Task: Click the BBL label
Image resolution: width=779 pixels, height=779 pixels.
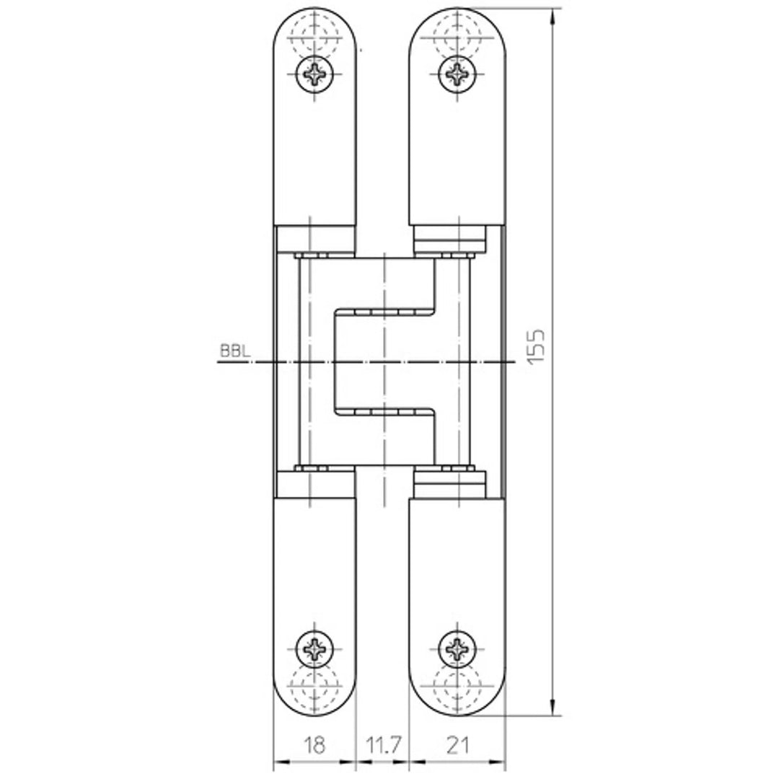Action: coord(234,352)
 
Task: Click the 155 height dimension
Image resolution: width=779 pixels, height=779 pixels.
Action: coord(536,347)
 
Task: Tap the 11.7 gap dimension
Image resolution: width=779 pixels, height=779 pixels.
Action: coord(382,744)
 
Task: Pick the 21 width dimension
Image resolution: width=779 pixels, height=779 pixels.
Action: coord(457,744)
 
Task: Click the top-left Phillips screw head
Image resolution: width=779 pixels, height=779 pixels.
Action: coord(315,73)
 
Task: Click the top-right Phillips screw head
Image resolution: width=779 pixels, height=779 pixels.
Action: coord(457,73)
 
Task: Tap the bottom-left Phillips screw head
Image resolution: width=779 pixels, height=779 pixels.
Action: coord(315,649)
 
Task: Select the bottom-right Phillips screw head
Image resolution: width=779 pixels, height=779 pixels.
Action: coord(457,649)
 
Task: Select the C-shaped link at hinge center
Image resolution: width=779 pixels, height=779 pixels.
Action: coord(386,361)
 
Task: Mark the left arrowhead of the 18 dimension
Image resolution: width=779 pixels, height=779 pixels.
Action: coord(279,762)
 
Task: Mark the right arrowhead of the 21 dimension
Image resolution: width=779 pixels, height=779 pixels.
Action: coord(501,762)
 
